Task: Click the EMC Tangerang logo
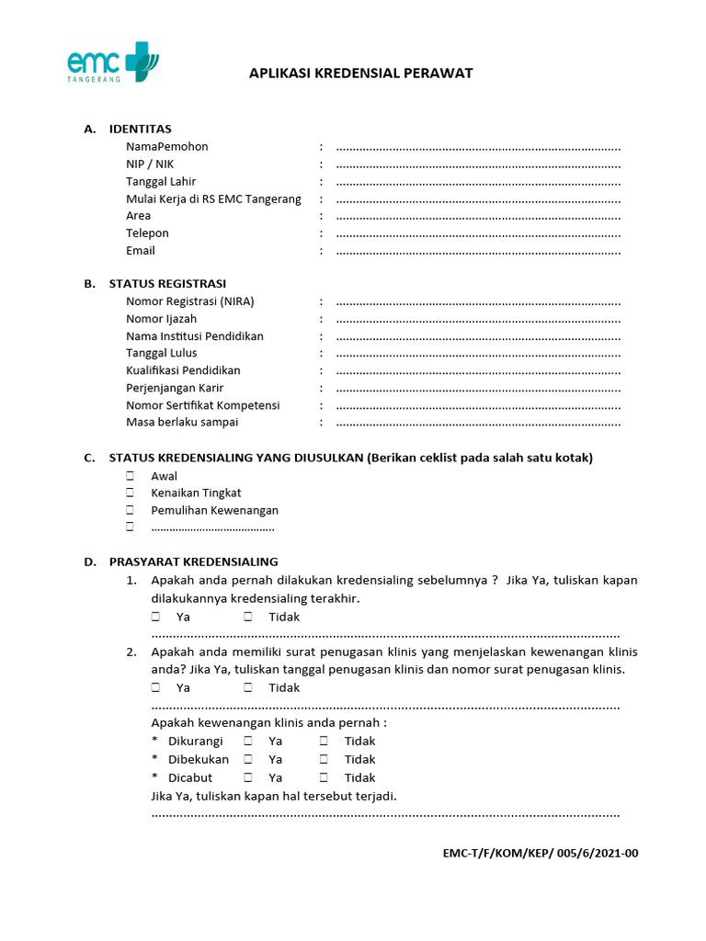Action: [x=112, y=62]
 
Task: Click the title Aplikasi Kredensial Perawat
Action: [x=360, y=74]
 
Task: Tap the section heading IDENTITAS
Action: [x=140, y=129]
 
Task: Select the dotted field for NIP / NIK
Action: [x=478, y=164]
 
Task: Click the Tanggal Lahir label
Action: [x=161, y=182]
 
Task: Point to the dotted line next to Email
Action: [x=478, y=251]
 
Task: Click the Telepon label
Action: [x=148, y=233]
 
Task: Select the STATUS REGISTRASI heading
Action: [x=167, y=284]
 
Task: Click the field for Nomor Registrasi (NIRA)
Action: [x=478, y=302]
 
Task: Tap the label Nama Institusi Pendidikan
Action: [x=195, y=336]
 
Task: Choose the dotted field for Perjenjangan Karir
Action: [x=478, y=389]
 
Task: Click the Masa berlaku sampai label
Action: [x=182, y=423]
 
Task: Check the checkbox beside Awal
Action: [x=131, y=476]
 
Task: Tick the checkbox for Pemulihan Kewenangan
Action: [x=131, y=510]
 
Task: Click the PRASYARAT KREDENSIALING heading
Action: [x=193, y=561]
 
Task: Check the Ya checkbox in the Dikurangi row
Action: [x=248, y=742]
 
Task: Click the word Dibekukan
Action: [x=199, y=760]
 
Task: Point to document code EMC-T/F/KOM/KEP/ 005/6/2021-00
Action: [x=540, y=853]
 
